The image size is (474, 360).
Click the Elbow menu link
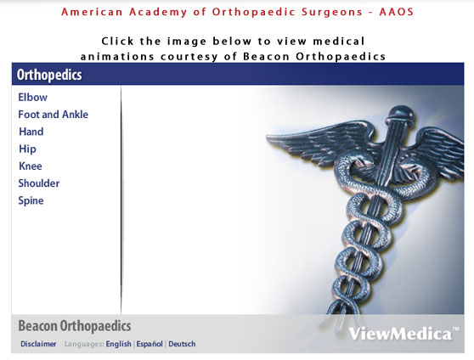coord(32,98)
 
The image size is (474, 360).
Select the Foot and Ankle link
coord(54,115)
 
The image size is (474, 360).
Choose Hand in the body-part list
coord(31,132)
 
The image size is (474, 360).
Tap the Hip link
coord(27,149)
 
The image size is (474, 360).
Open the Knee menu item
coord(31,166)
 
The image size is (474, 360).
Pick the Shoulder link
coord(39,183)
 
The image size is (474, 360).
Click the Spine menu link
coord(31,200)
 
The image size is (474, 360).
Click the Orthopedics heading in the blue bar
coord(49,75)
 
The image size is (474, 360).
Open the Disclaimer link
coord(38,344)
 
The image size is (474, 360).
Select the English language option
coord(119,344)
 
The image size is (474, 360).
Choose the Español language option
coord(150,344)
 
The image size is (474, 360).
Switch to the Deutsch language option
coord(182,344)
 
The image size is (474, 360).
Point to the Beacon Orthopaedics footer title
coord(75,326)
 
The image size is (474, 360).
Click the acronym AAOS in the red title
coord(397,12)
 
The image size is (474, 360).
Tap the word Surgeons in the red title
coord(332,13)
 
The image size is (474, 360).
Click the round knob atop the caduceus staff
coord(401,115)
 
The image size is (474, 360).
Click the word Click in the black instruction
coord(117,41)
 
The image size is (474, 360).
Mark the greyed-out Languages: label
coord(84,344)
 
